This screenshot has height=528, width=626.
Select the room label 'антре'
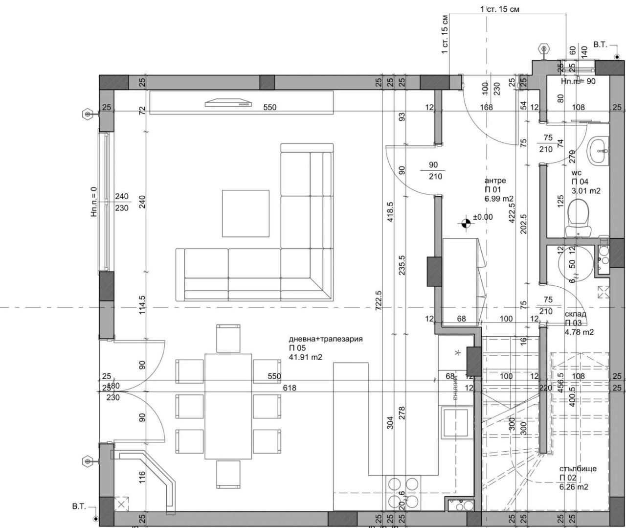(495, 181)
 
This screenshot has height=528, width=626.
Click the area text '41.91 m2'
(306, 357)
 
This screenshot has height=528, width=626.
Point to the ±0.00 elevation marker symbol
(466, 224)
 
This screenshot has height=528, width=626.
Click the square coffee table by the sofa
(246, 213)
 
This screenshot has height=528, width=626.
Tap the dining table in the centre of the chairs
(228, 406)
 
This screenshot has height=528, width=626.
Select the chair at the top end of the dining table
(228, 338)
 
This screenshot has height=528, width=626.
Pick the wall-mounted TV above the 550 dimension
(228, 103)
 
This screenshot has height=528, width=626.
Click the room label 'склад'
(575, 314)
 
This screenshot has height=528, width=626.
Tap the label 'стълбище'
(578, 469)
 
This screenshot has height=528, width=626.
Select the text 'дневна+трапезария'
(326, 339)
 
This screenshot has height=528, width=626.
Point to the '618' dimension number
(290, 388)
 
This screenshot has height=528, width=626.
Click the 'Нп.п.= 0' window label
(94, 201)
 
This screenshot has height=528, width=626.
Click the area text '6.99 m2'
(499, 199)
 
